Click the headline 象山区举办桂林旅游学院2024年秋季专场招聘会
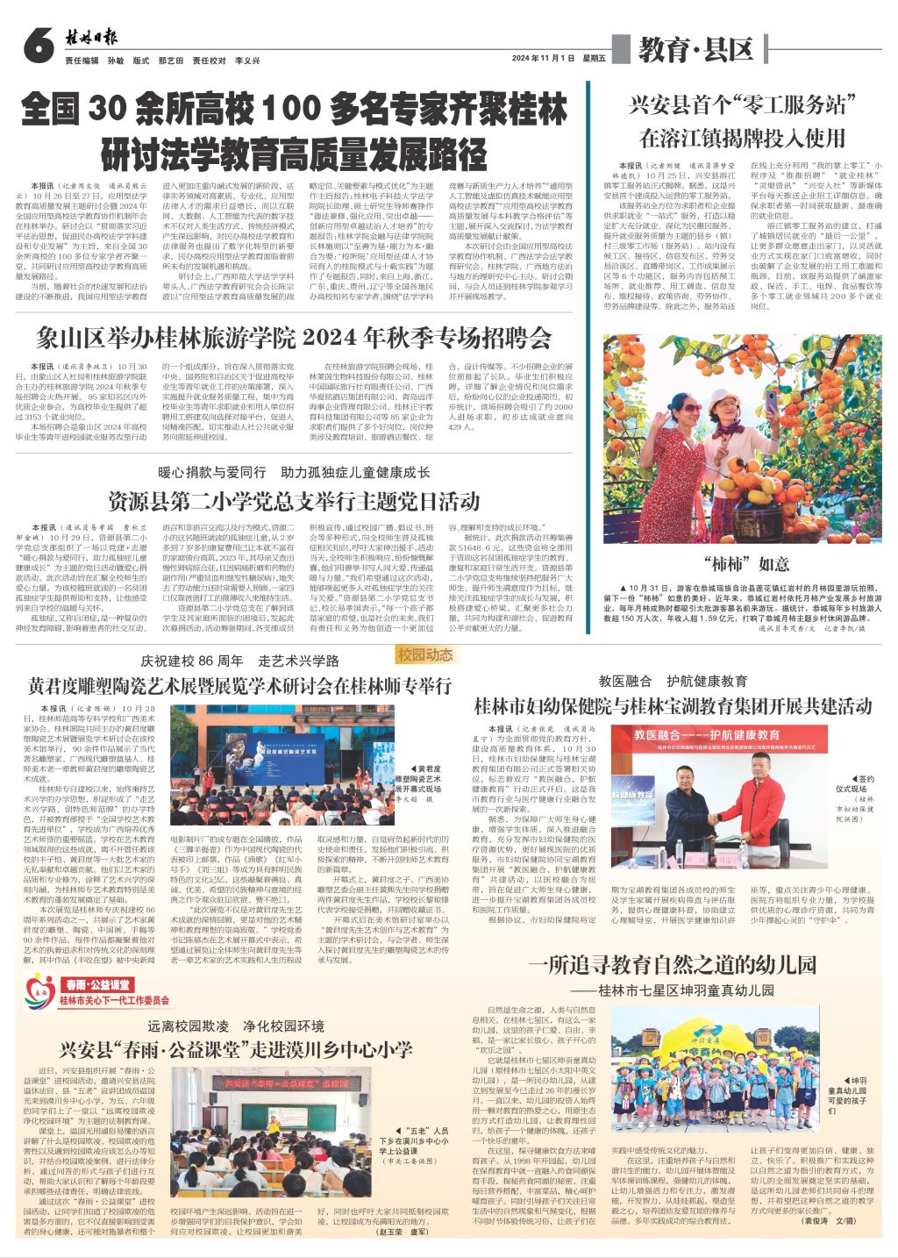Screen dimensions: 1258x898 (x=295, y=338)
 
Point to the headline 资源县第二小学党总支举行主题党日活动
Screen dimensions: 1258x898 (x=295, y=500)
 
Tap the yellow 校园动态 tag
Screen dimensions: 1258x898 (x=425, y=655)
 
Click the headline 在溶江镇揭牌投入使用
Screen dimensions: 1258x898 (x=742, y=138)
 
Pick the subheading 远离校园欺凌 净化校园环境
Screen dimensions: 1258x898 (x=236, y=1026)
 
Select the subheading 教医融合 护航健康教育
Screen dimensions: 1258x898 (x=673, y=681)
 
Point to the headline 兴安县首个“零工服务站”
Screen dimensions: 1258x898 (x=742, y=104)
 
